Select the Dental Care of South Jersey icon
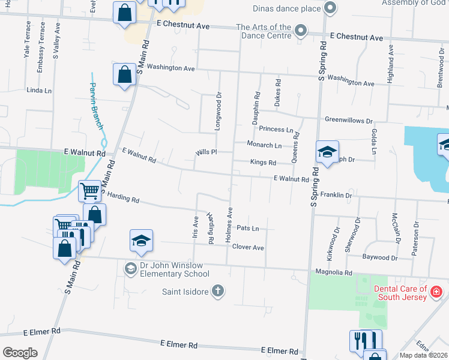[x=436, y=292]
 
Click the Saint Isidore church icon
[x=217, y=292]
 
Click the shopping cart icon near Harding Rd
[x=89, y=191]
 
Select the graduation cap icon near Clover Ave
[x=142, y=241]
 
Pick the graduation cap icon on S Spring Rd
[x=328, y=151]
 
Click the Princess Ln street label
[x=276, y=129]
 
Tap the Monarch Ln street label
[x=264, y=145]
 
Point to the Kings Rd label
[x=263, y=162]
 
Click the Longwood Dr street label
[x=218, y=112]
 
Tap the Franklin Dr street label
[x=336, y=195]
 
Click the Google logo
[x=20, y=353]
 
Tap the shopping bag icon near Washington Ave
[x=124, y=75]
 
